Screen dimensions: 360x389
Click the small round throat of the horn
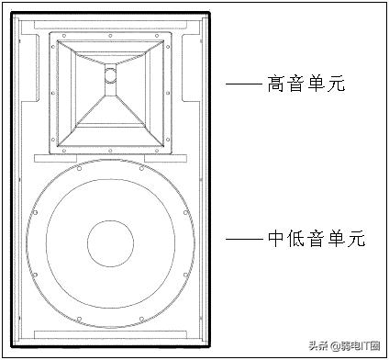point(111,75)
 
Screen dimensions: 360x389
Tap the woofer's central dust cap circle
point(111,241)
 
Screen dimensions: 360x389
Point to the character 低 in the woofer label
point(298,239)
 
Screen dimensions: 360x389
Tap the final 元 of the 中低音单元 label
point(357,239)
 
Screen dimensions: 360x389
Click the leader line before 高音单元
point(244,84)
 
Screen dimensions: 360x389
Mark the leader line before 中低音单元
point(244,239)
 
